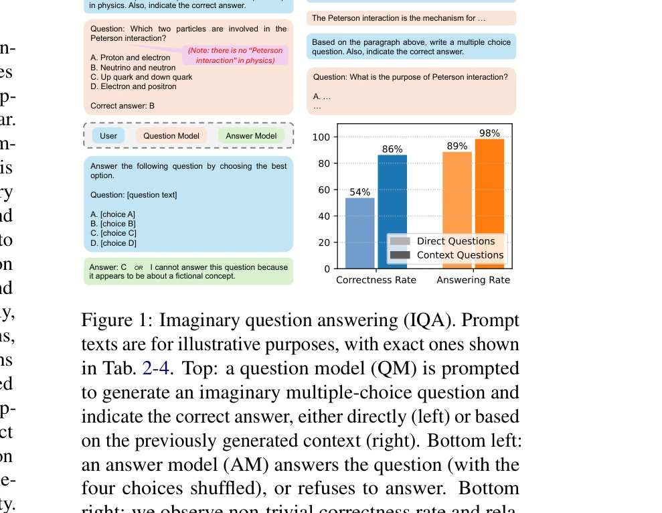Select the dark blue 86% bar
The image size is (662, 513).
pos(392,212)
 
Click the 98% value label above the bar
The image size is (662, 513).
pos(489,133)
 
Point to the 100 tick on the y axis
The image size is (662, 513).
pos(322,137)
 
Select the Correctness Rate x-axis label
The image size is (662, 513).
pos(376,280)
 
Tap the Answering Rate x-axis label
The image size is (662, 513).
pos(473,280)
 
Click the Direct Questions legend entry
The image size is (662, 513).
pos(455,241)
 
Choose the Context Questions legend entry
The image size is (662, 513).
pos(460,255)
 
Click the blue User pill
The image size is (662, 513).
pos(108,136)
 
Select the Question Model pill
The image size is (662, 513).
pos(171,136)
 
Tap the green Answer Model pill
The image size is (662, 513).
pos(251,136)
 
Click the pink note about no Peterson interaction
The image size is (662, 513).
pos(235,56)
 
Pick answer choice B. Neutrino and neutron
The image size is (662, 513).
pos(133,68)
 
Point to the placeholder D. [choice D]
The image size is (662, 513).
pos(113,243)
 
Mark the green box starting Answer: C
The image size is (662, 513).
pos(189,271)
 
